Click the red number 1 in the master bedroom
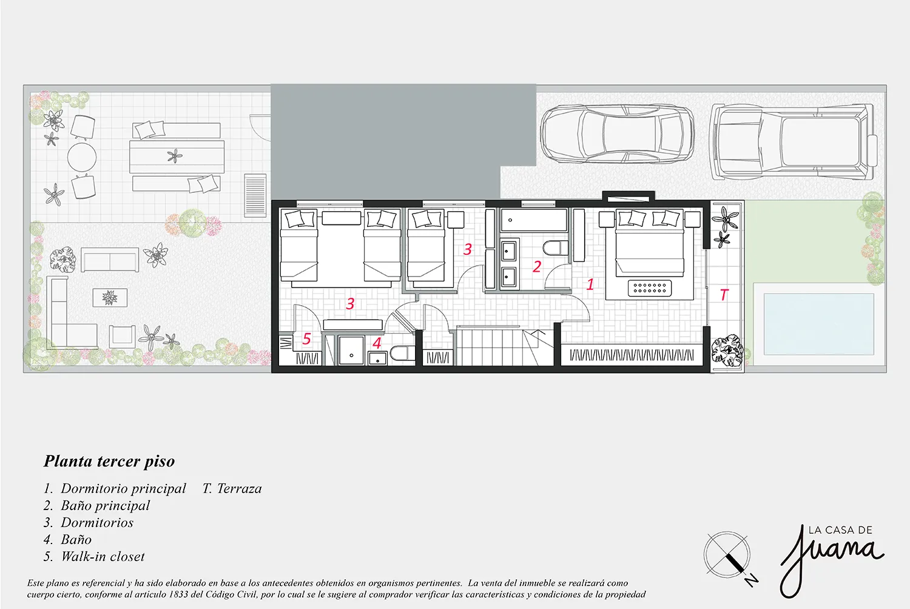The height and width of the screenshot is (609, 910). (590, 284)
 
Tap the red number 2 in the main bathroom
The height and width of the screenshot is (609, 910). (537, 266)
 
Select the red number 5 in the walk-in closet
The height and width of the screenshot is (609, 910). (307, 338)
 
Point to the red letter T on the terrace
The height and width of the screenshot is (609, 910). (724, 295)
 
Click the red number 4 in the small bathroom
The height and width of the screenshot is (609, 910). (377, 343)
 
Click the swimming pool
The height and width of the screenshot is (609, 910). (818, 324)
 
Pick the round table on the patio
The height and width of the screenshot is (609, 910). (82, 157)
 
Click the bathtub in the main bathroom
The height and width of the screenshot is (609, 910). (533, 220)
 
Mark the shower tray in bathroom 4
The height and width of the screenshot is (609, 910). (351, 349)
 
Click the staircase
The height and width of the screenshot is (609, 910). (505, 345)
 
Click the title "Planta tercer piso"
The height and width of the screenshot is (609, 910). (109, 462)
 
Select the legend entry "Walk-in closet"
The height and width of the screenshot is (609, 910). (103, 556)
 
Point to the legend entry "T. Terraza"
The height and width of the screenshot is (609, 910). (232, 488)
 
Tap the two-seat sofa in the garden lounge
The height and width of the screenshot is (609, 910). (110, 260)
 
